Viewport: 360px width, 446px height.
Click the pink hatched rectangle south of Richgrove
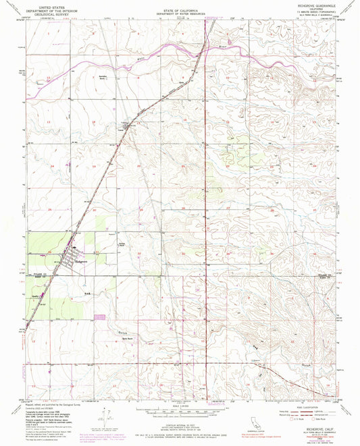point(101,316)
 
